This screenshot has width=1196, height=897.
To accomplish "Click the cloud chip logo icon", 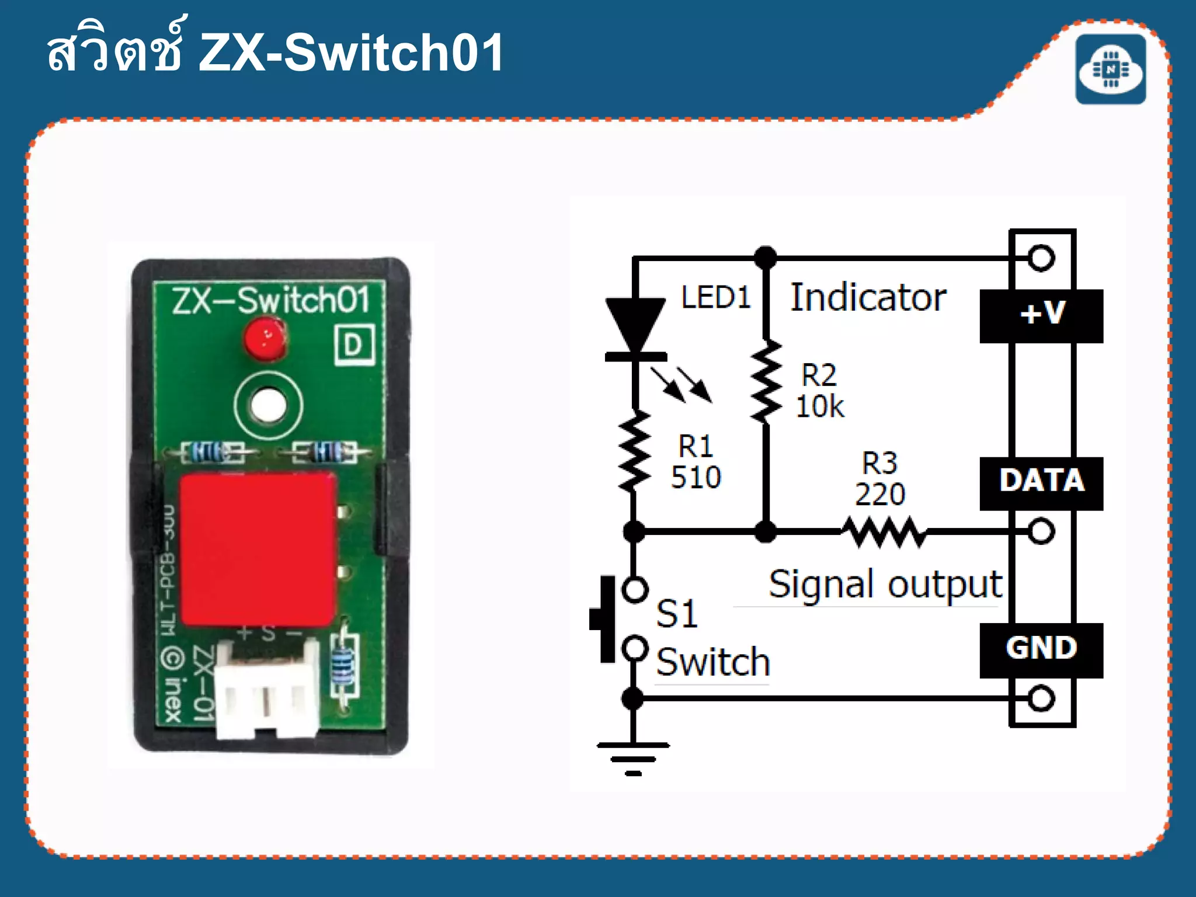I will (1110, 69).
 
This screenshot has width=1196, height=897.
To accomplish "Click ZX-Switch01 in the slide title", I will (350, 53).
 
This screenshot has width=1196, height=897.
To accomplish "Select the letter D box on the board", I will (354, 345).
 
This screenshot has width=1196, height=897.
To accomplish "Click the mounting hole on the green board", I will (268, 404).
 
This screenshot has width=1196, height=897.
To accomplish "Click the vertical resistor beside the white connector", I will (343, 665).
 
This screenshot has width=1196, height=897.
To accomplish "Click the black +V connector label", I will (1041, 315).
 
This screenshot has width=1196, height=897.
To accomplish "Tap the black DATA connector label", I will (1041, 482).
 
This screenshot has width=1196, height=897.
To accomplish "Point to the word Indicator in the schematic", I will (868, 298).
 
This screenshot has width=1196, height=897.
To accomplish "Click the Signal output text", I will (885, 584).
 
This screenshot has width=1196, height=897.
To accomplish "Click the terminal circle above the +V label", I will (1041, 258).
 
